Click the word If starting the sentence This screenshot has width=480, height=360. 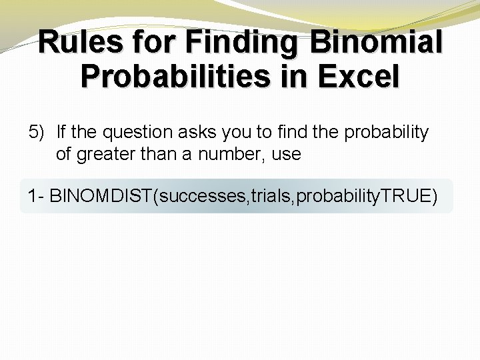pos(61,132)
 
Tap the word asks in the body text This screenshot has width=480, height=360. pos(201,132)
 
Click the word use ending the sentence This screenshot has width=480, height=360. pos(287,155)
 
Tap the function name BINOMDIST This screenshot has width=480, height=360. pos(101,197)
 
